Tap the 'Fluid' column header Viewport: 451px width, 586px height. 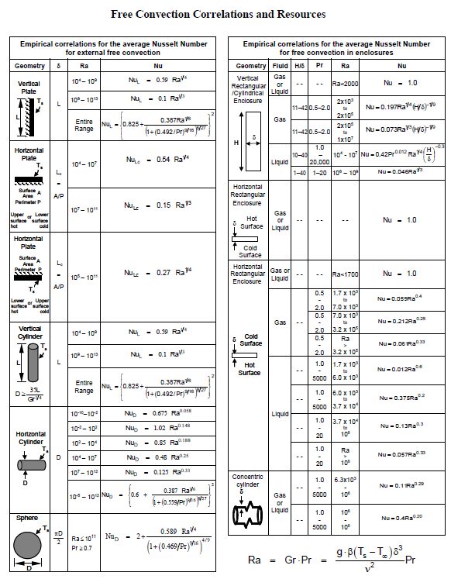click(281, 67)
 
